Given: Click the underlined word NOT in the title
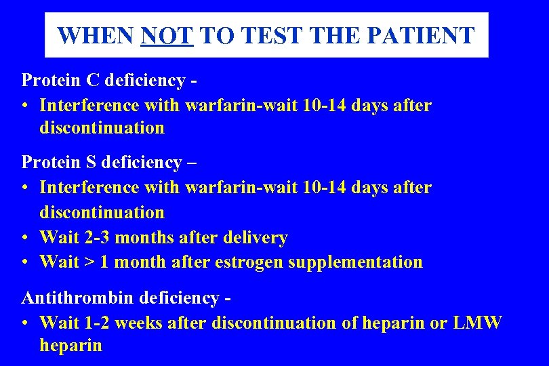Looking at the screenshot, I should point(167,35).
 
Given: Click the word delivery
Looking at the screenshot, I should point(260,237).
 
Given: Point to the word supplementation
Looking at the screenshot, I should point(355,262).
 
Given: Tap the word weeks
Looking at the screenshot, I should point(138,323).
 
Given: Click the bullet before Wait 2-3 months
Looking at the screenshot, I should point(25,238).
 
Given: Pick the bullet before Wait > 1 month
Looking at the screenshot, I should point(25,262).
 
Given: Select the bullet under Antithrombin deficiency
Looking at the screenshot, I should point(25,323).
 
